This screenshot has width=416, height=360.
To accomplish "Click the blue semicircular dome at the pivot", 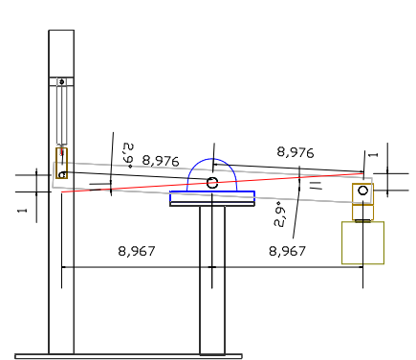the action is tap(212, 159).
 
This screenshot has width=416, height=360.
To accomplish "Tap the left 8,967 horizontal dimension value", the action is tap(137, 251).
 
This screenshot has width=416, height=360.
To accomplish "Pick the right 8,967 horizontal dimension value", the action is tap(287, 251).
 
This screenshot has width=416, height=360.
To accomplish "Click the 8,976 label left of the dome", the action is tap(161, 161).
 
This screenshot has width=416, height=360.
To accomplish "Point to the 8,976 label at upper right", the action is tap(296, 152).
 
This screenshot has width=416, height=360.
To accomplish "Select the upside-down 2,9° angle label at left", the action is tap(128, 156).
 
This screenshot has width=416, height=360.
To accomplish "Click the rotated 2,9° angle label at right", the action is tap(279, 214).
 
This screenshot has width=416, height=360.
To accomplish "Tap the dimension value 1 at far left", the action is tap(22, 211).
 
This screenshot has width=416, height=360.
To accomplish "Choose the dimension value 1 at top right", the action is tap(373, 155).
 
